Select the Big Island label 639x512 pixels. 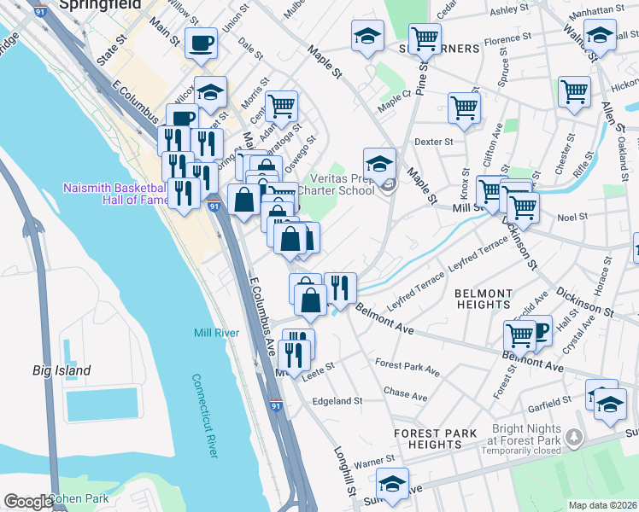point(62,371)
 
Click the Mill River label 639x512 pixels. point(214,333)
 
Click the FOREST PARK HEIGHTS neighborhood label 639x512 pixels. point(435,439)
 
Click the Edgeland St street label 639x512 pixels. point(337,400)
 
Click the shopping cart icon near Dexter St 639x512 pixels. point(464,108)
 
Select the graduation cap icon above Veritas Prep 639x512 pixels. point(379,161)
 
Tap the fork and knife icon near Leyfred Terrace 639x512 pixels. point(340,287)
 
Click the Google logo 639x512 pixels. point(28,502)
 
